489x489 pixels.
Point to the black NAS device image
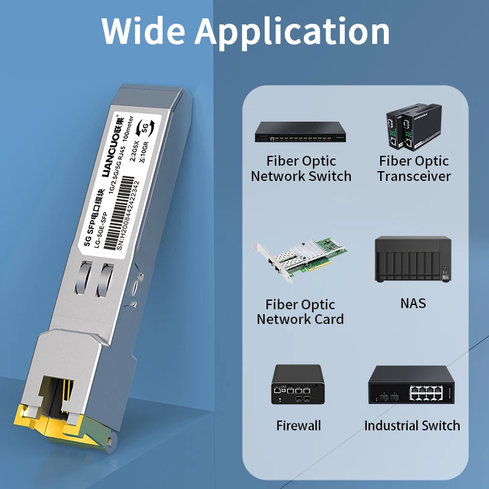[x=413, y=260]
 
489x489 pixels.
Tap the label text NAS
[x=413, y=303]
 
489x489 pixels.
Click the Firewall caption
[x=298, y=425]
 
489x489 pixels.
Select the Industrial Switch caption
[x=412, y=425]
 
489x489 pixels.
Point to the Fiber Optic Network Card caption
[x=300, y=312]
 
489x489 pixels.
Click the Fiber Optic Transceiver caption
[x=414, y=169]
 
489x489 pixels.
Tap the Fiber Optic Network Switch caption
[x=301, y=169]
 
